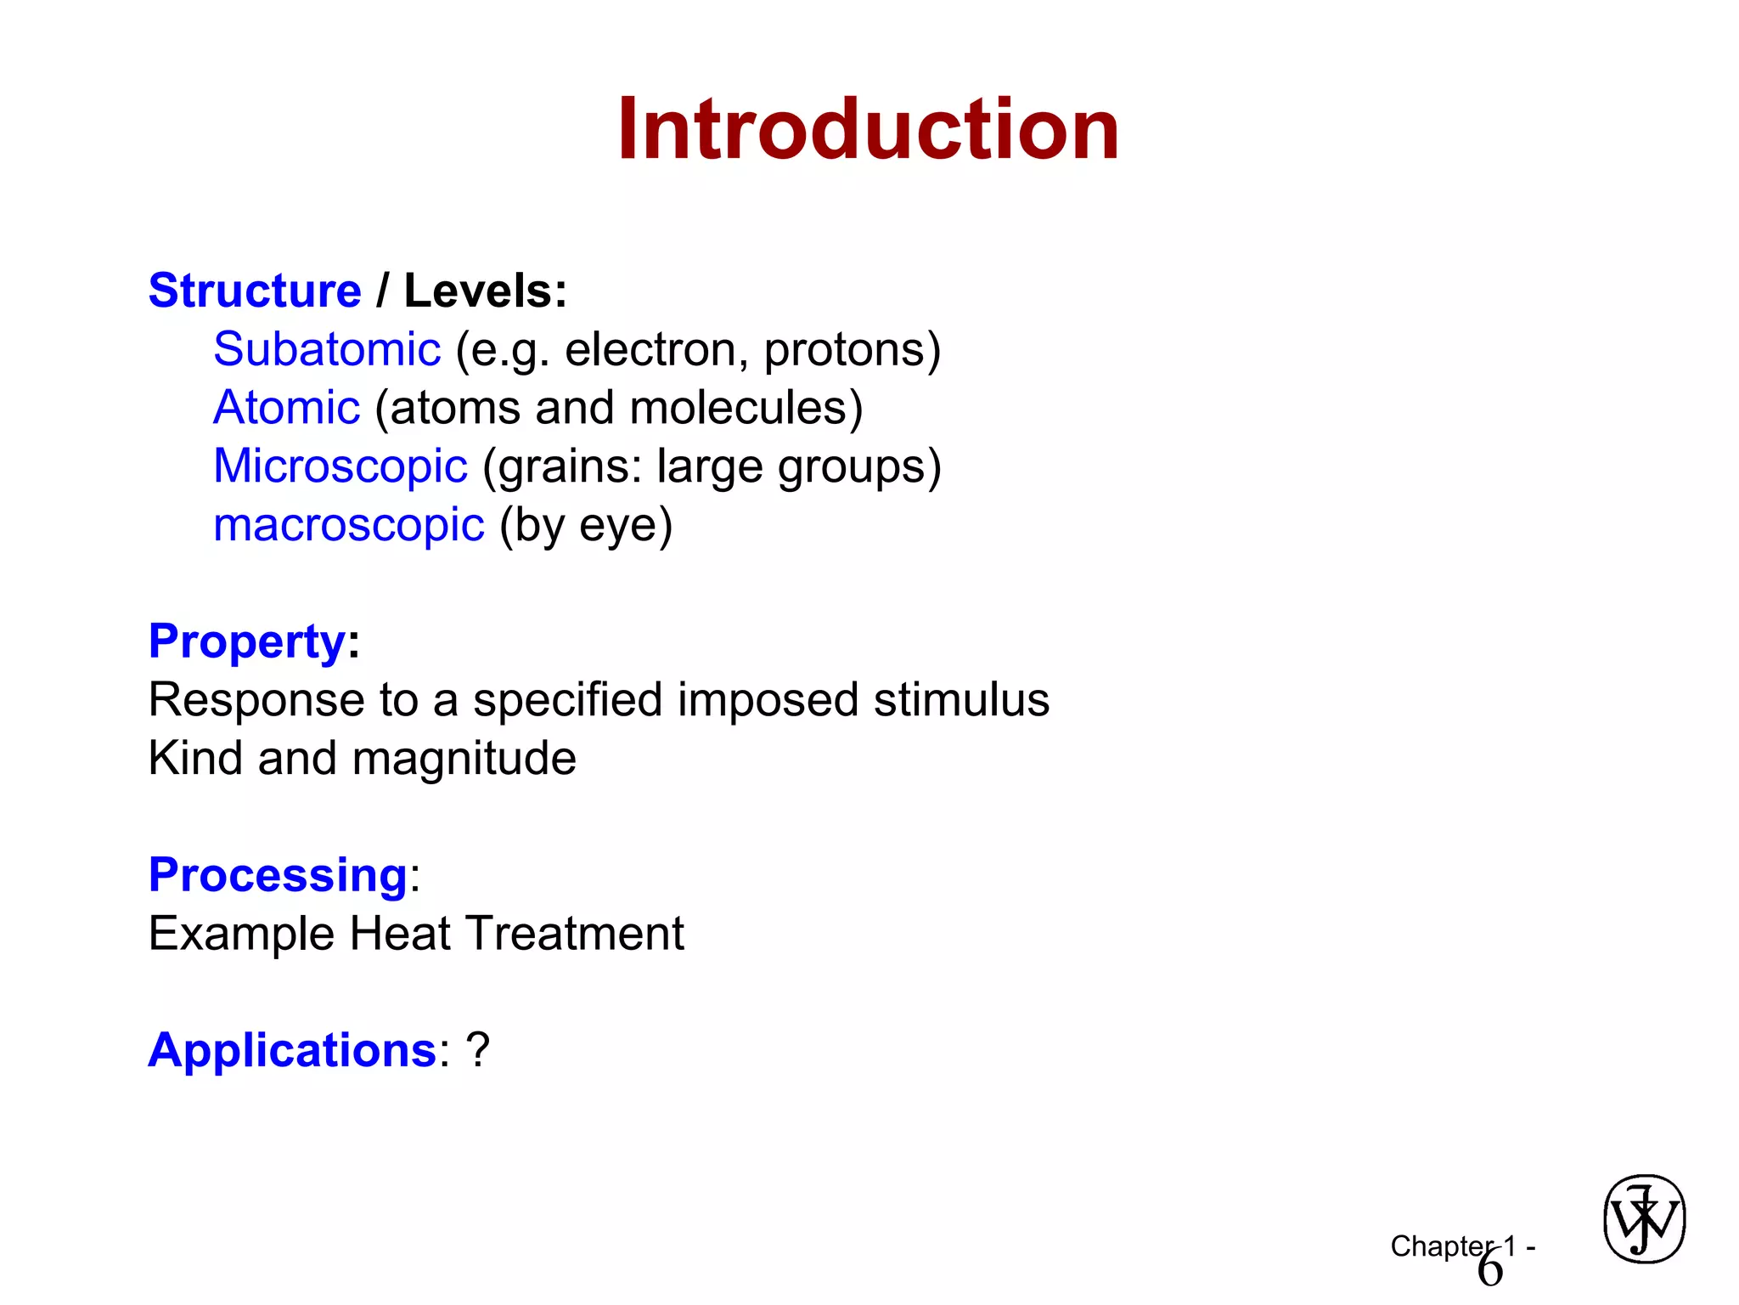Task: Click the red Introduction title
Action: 868,129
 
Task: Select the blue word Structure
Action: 255,291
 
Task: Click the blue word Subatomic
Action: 327,349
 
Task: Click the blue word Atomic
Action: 287,408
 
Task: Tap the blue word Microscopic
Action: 340,466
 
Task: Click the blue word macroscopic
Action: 349,525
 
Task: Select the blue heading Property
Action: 247,641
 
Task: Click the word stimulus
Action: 961,700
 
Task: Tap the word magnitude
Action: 464,759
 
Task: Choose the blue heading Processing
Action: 278,875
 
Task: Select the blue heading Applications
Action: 292,1051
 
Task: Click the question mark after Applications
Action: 478,1051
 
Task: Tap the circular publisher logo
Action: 1644,1220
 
